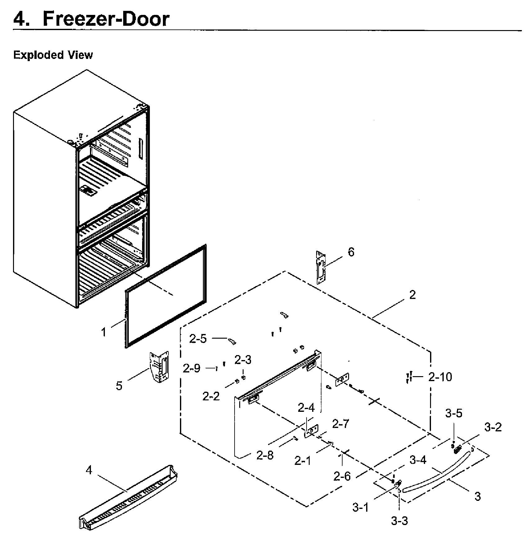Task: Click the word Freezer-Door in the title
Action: point(106,19)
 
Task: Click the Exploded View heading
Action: point(53,55)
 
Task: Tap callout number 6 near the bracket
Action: point(351,252)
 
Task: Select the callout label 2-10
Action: point(440,377)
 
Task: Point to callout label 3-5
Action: point(454,413)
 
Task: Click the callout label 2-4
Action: point(306,408)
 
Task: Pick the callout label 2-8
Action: point(265,455)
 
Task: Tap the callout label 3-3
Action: point(399,521)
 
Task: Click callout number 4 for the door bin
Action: point(89,470)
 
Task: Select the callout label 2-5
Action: point(198,339)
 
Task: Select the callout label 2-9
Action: point(191,368)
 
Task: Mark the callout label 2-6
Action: point(342,476)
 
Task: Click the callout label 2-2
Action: point(211,396)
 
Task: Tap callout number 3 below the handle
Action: point(478,496)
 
